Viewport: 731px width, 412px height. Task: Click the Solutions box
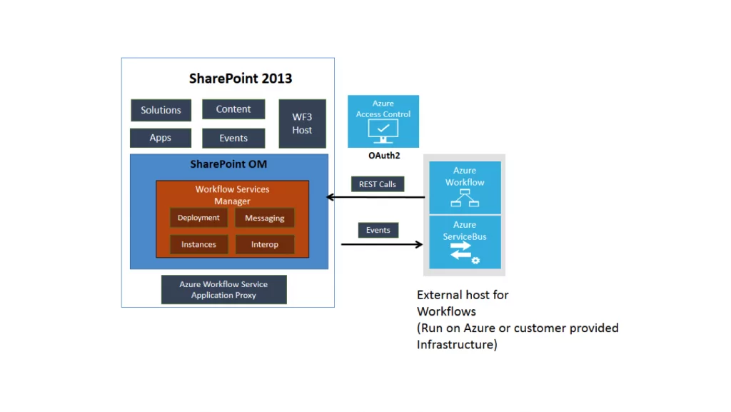click(x=161, y=110)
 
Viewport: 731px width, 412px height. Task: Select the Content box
click(x=233, y=109)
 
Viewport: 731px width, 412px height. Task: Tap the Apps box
click(x=161, y=138)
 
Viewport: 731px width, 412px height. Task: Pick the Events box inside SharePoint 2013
click(x=233, y=139)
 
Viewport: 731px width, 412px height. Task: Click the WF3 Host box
click(x=302, y=124)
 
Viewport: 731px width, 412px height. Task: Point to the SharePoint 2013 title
click(x=241, y=79)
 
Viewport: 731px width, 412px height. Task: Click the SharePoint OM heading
click(x=228, y=164)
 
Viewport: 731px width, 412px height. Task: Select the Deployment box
click(x=198, y=218)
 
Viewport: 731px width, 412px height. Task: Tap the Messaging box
click(x=264, y=218)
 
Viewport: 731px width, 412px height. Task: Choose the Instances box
click(x=198, y=244)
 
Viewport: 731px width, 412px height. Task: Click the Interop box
click(x=264, y=244)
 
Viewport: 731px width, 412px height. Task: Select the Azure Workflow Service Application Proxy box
click(x=223, y=289)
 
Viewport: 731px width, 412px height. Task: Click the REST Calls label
click(x=378, y=184)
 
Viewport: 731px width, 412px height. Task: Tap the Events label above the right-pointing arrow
click(x=378, y=230)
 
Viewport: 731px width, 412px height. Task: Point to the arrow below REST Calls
click(x=375, y=197)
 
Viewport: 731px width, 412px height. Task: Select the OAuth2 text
click(x=384, y=156)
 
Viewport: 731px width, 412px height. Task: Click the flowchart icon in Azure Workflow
click(x=465, y=198)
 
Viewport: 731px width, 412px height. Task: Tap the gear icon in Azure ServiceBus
click(x=475, y=261)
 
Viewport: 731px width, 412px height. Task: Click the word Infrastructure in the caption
click(x=455, y=344)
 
